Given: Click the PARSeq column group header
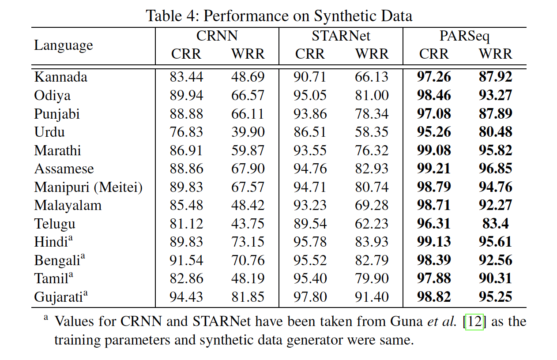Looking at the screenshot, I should pos(465,36).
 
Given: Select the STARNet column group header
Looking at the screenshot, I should pos(341,36).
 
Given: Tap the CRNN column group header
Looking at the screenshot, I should pos(217,36).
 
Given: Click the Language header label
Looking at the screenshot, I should pos(64,45).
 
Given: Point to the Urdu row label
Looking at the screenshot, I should pos(49,132).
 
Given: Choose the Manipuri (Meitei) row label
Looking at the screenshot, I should pos(88,187).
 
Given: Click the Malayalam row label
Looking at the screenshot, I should pos(68,205).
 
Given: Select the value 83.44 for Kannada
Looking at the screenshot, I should pos(186,77).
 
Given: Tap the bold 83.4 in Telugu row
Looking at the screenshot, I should pos(495,224).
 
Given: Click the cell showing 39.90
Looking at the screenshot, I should pos(248,132).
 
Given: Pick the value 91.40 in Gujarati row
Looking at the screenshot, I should pos(372,297).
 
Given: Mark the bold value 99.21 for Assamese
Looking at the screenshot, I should pos(434,169).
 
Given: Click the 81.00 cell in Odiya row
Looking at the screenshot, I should pos(372,95).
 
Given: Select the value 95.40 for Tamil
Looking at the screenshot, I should pos(310,278).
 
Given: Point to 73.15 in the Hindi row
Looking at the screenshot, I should pos(248,242).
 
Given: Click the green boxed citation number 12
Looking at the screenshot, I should pos(475,322).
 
